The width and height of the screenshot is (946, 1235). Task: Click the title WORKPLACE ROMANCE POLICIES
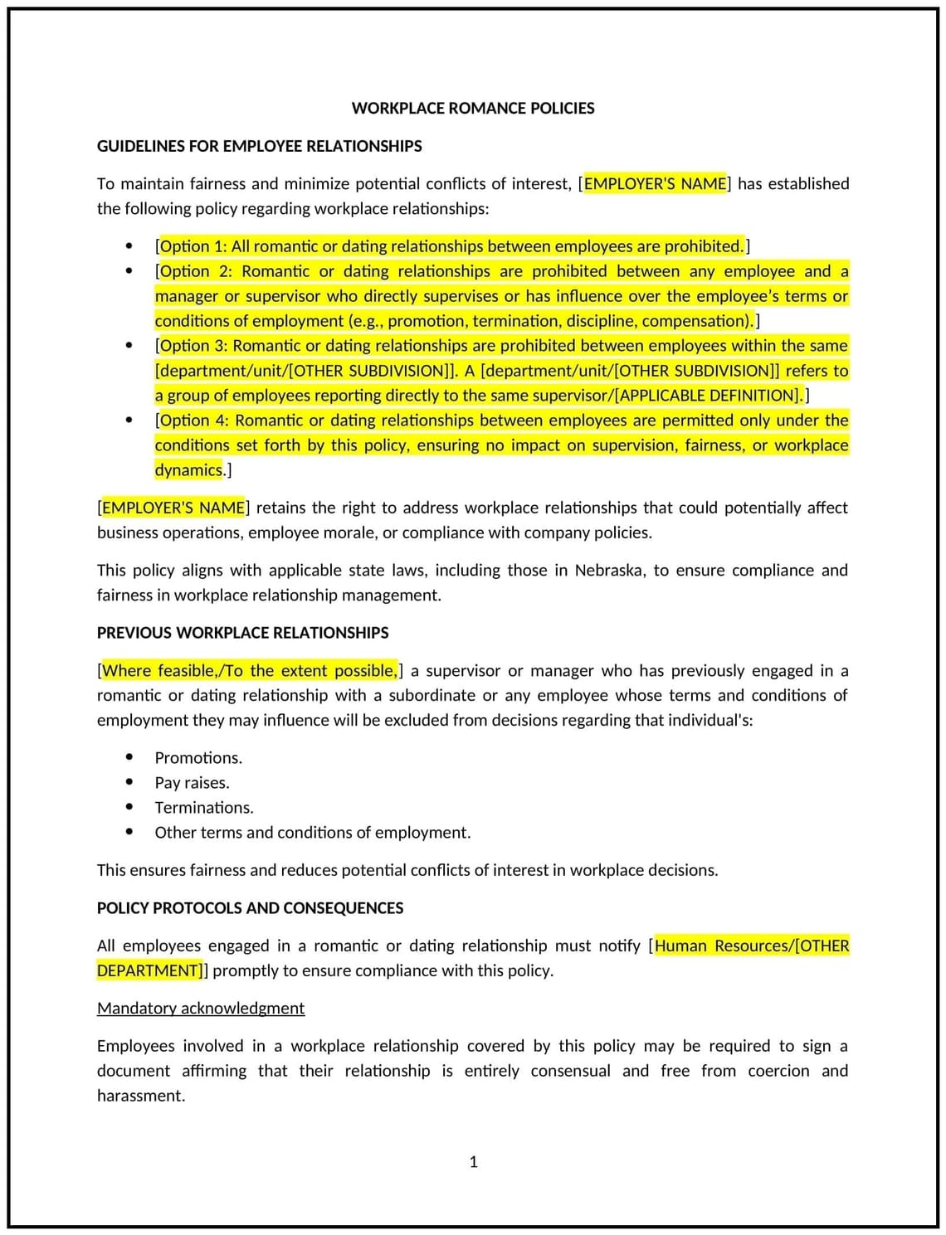pos(473,108)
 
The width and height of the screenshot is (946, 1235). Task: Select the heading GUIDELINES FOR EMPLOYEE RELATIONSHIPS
pos(259,146)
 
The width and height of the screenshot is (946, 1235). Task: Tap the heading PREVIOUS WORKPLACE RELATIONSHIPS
pos(242,633)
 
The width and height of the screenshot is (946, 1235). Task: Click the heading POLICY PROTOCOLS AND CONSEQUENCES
pos(250,908)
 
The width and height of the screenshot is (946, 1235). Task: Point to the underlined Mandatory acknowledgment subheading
pos(201,1009)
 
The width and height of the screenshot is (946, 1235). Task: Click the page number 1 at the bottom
pos(473,1162)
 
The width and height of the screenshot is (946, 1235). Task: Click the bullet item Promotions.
pos(198,758)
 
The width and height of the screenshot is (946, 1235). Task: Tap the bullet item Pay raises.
pos(192,783)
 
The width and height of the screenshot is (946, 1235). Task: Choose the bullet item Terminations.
pos(204,808)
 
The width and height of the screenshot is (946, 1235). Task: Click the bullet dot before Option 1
pos(129,246)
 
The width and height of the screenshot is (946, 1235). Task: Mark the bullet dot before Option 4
pos(129,421)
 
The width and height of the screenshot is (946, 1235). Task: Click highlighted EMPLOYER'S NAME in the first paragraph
pos(655,184)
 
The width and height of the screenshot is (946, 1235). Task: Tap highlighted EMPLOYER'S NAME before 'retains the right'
pos(173,508)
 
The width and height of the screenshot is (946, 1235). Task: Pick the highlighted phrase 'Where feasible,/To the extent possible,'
pos(250,671)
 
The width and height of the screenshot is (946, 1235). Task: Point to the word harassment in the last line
pos(139,1096)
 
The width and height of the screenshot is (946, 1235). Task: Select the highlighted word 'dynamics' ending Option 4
pos(189,470)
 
